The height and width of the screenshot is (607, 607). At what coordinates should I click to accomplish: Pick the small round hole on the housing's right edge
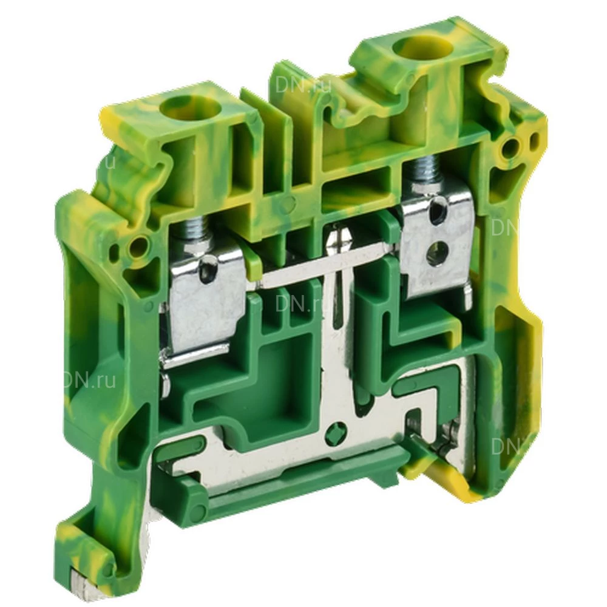[517, 146]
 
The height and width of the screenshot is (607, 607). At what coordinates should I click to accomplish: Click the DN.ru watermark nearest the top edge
[303, 85]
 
